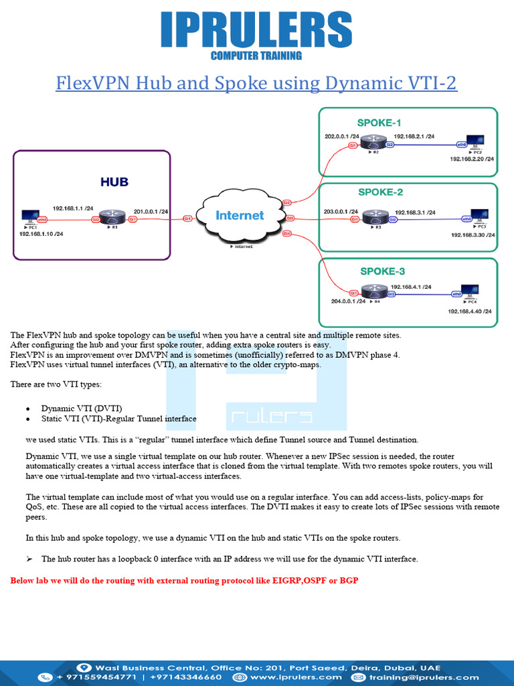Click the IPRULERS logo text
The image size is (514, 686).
tap(256, 30)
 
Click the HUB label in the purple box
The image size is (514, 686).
tap(114, 182)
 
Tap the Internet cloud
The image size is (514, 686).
tap(240, 216)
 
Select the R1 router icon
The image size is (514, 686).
tap(114, 218)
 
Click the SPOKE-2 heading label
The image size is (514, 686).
tap(380, 192)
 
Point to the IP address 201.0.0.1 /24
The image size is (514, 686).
tap(151, 212)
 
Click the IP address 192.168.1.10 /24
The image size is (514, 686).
tap(41, 234)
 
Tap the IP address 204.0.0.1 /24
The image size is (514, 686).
tap(348, 301)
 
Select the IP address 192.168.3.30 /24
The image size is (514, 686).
tap(473, 235)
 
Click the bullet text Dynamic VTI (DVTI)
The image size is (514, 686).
tap(82, 408)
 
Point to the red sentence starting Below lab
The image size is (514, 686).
tap(184, 579)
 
